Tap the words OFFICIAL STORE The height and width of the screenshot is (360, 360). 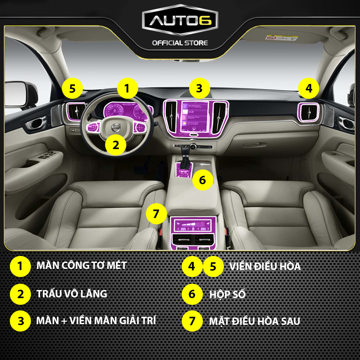point(180,43)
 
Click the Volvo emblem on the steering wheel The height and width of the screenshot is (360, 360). point(116,128)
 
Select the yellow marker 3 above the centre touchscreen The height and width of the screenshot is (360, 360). point(199,89)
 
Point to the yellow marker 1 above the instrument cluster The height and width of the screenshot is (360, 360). point(127,89)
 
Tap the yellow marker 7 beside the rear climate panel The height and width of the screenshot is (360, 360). point(156,213)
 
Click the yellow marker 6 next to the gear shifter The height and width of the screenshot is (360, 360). point(202,180)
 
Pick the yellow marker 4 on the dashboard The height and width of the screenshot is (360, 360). point(308,89)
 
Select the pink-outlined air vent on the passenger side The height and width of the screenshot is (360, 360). point(309,112)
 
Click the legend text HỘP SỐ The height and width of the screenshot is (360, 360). point(227,294)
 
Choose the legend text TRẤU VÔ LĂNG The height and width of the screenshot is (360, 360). point(72,294)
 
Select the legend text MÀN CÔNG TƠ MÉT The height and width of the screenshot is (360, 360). point(82,265)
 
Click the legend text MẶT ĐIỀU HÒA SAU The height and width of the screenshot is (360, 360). point(255,321)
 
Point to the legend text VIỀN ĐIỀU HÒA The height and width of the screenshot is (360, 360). point(265,266)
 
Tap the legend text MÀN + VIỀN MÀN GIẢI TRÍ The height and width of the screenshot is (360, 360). point(96,321)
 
